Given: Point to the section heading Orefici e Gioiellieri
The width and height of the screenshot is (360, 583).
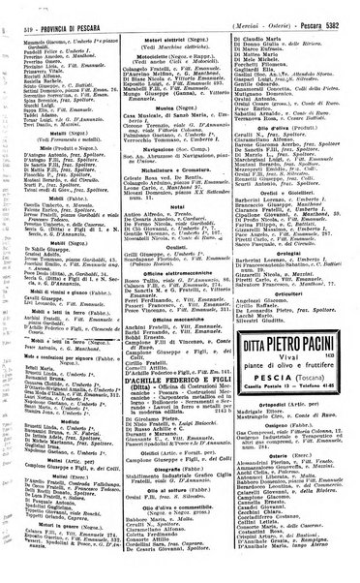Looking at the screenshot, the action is click(290, 190).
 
